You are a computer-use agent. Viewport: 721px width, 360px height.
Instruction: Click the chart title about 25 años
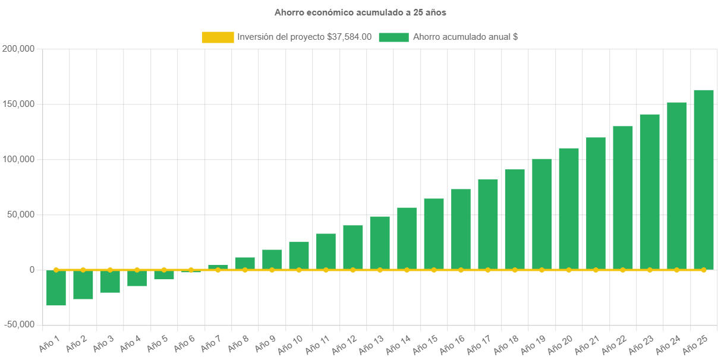pos(360,12)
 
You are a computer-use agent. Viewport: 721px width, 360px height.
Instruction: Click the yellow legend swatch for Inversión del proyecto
pos(218,37)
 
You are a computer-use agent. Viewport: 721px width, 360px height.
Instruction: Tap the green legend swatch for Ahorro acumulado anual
pos(393,37)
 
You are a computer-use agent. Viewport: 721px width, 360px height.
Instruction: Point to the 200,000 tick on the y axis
pos(18,49)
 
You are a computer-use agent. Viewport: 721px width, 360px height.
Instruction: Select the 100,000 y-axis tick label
pos(18,159)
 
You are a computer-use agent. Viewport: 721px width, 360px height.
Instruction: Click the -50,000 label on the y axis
pos(18,324)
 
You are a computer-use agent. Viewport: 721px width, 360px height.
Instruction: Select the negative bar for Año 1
pos(56,288)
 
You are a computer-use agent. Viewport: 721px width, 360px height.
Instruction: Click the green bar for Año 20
pos(569,209)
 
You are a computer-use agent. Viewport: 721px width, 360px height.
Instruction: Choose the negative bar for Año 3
pos(110,281)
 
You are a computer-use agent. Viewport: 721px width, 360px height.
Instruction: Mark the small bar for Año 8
pos(245,263)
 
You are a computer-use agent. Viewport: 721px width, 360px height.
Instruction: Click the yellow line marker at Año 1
pos(56,270)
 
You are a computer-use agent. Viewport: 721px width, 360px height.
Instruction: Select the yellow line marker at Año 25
pos(704,270)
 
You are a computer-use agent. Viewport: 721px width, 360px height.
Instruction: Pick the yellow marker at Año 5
pos(164,270)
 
